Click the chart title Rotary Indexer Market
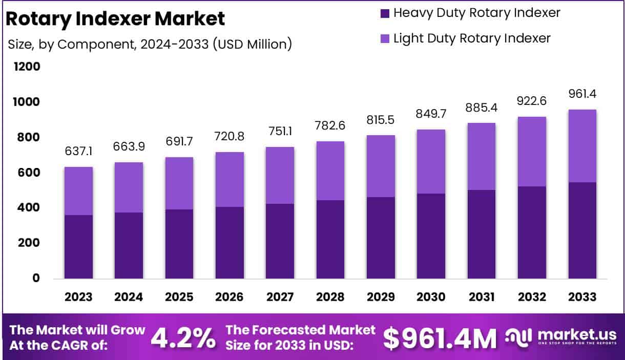(115, 19)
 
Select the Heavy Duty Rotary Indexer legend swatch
(385, 13)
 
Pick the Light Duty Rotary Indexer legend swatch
(385, 38)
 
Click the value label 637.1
(78, 152)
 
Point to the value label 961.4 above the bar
(582, 94)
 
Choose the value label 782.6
(330, 126)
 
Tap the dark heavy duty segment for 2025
(179, 244)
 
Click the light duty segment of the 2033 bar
(582, 146)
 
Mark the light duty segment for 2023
(78, 191)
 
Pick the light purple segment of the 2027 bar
(280, 176)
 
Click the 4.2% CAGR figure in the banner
(183, 337)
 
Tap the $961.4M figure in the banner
(440, 337)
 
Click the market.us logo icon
(518, 336)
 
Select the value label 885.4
(481, 108)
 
